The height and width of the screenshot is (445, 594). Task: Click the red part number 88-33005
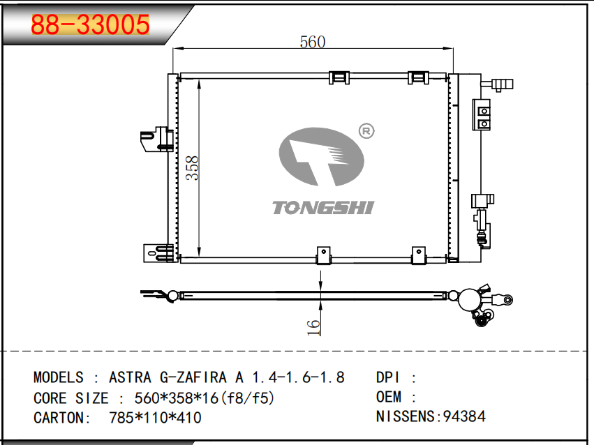point(90,24)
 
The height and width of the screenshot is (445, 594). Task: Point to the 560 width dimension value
point(313,42)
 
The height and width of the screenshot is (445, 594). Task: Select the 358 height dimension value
point(193,167)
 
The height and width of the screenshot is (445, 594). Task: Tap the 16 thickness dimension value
point(313,328)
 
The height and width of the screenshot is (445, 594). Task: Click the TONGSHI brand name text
point(323,208)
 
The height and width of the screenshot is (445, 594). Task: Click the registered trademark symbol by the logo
point(366,131)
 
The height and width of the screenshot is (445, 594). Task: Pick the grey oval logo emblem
point(322,157)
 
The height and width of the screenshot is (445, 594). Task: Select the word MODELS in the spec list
point(59,377)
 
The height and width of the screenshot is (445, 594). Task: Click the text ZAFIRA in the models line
point(202,377)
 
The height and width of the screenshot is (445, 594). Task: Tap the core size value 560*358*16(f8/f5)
point(205,398)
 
